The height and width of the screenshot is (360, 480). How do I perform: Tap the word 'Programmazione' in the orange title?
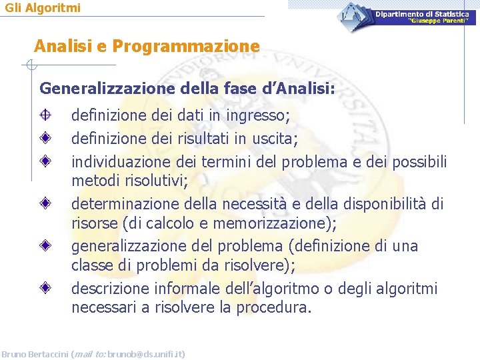click(x=186, y=46)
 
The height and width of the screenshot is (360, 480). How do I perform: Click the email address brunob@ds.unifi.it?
click(x=146, y=354)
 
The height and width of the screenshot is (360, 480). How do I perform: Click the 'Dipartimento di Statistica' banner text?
click(x=426, y=13)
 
